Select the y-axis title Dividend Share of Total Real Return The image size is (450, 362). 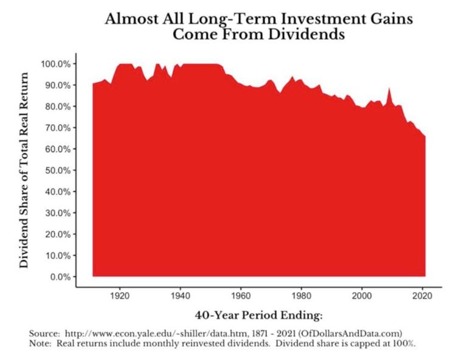(x=25, y=170)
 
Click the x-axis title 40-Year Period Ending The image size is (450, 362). (x=258, y=315)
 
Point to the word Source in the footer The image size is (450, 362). (x=43, y=334)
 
